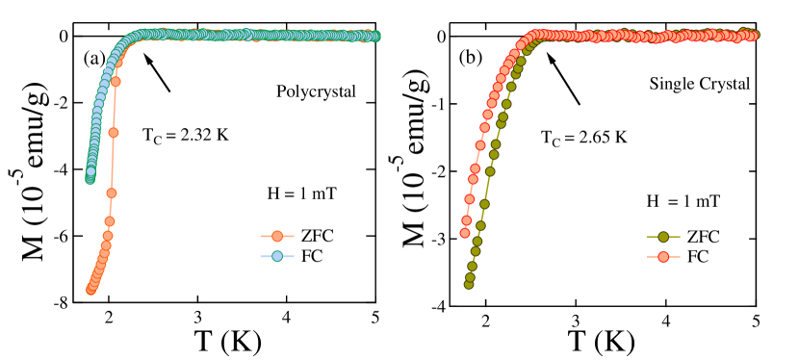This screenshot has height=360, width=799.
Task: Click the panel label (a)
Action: point(93,58)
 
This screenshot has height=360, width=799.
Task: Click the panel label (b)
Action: point(470,58)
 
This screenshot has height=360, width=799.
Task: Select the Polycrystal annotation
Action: point(316,91)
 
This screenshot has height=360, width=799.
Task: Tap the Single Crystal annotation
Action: point(700,84)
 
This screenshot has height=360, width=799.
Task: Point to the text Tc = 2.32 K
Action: point(186,135)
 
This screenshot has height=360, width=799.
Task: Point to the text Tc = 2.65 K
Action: point(584,138)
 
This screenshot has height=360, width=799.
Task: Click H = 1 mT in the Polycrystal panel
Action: point(301,193)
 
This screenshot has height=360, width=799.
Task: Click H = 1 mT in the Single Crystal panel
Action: point(683,200)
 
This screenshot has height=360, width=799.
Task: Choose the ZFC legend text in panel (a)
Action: point(319,236)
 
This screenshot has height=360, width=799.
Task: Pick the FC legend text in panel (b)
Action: point(697,257)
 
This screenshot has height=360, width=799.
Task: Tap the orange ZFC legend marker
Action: point(277,236)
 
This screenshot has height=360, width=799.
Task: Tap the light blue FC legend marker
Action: point(277,256)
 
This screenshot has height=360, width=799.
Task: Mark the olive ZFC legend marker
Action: point(663,237)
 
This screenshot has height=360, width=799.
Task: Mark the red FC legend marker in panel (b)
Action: point(663,257)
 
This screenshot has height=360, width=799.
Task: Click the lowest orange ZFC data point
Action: point(91,289)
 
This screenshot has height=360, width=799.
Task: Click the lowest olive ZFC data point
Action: point(469,284)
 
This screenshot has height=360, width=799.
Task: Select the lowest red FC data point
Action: point(465,232)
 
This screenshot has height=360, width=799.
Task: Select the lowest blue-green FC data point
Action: point(90,178)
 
